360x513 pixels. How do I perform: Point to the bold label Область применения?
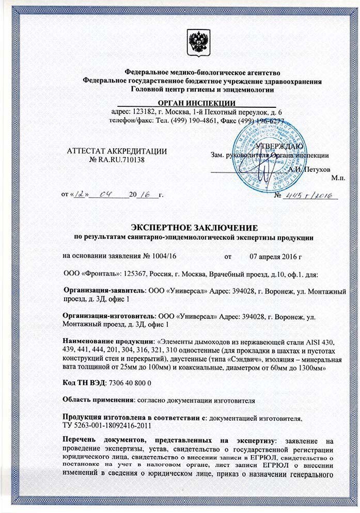[x=97, y=399]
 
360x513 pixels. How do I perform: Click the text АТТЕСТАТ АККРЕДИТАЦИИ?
[x=118, y=151]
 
